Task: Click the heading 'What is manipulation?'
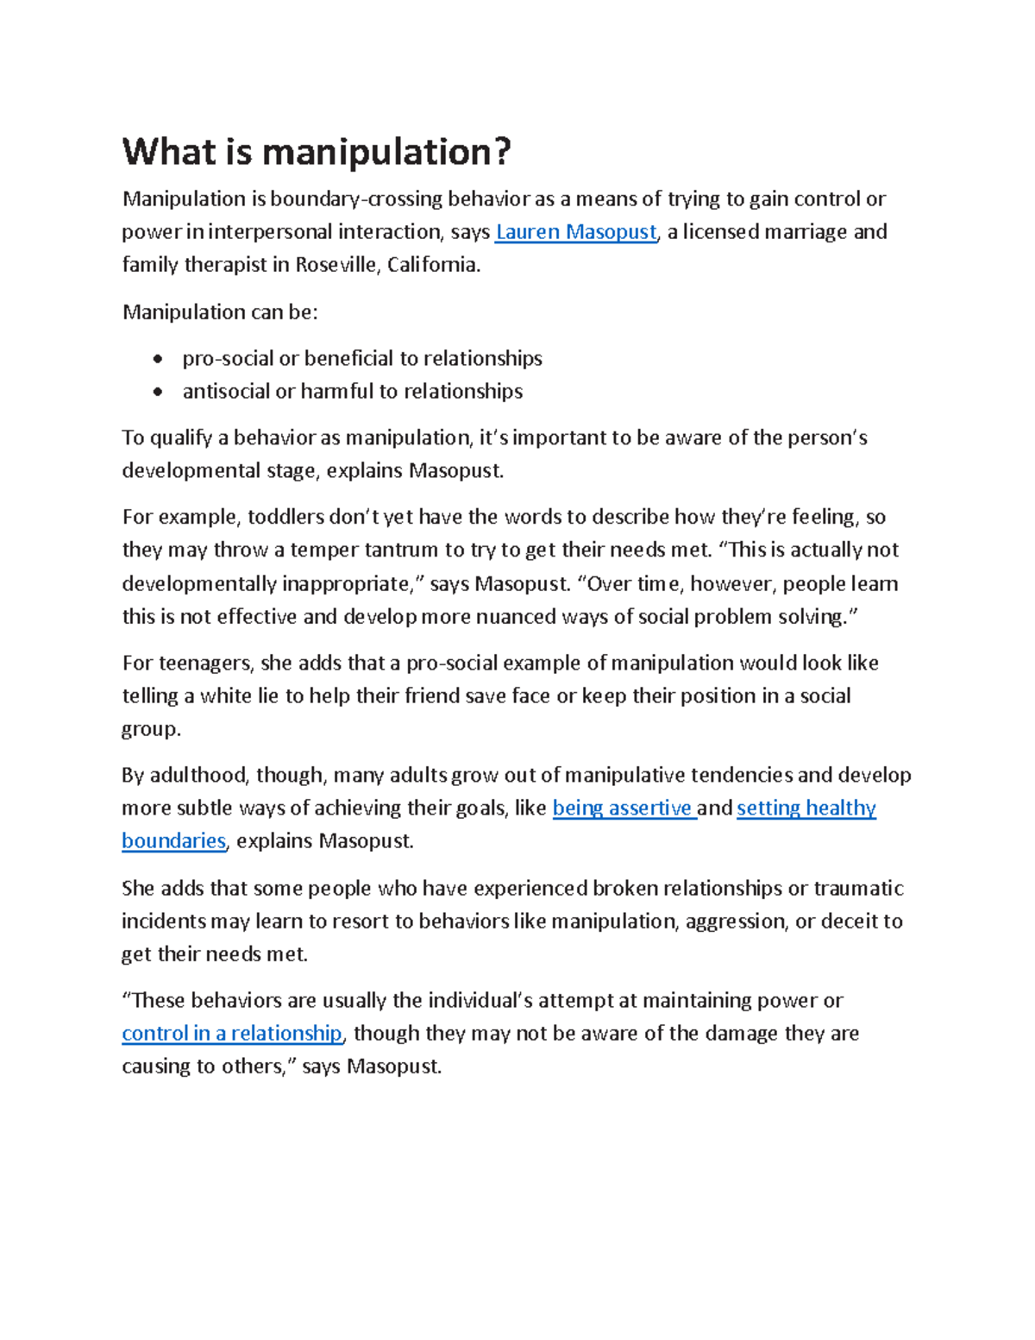(317, 153)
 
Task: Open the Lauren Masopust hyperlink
(575, 232)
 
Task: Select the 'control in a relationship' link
(232, 1034)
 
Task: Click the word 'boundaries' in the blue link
(173, 841)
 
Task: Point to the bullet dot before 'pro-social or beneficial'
(157, 359)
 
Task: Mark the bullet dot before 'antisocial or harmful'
(157, 392)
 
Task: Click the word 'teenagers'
(202, 664)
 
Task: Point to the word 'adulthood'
(198, 776)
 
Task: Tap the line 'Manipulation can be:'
(220, 312)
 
